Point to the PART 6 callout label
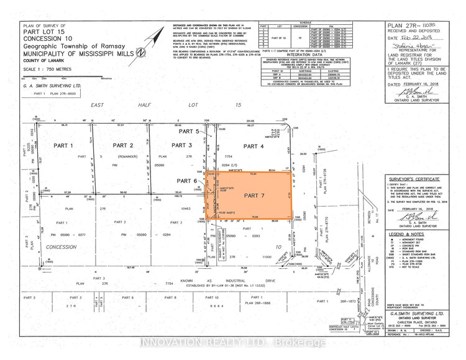click(x=186, y=181)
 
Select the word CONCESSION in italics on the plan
click(x=80, y=245)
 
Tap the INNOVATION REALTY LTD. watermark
click(x=232, y=342)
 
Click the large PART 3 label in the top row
click(x=182, y=145)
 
